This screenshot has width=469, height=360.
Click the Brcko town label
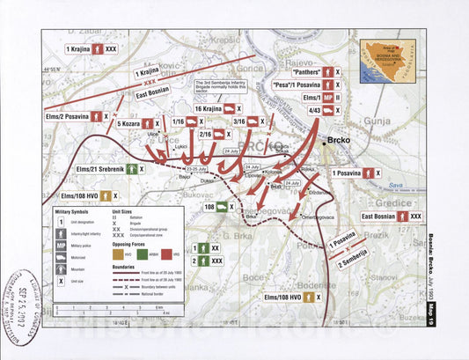341,140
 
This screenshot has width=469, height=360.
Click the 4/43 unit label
310,110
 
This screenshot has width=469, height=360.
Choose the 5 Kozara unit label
130,124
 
